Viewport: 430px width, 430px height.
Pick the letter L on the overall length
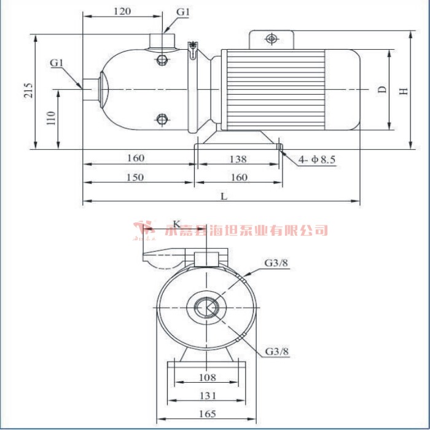point(224,197)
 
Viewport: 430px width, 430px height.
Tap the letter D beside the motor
point(382,90)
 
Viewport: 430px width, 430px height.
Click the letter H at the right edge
point(404,91)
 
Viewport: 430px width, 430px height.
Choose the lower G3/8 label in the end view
point(276,352)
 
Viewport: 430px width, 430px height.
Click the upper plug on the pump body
point(162,60)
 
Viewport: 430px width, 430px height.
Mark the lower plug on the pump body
point(162,119)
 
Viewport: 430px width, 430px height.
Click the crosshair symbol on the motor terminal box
point(271,39)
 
